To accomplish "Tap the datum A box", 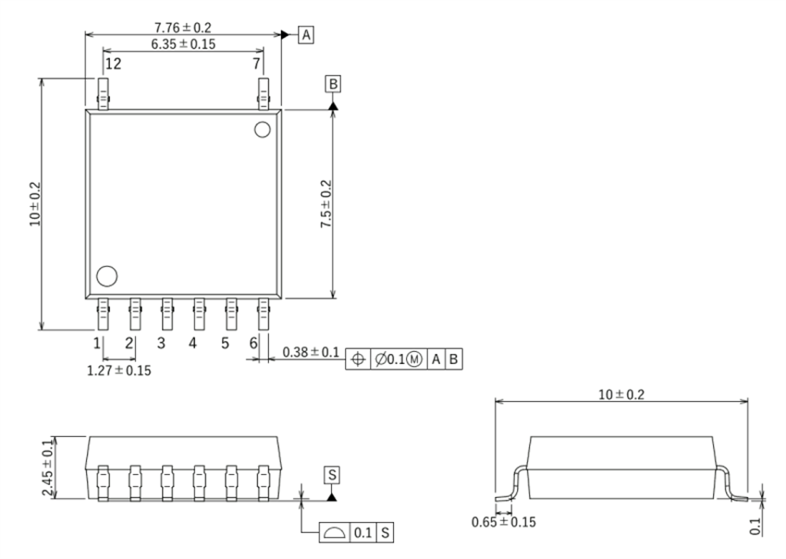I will coord(306,34).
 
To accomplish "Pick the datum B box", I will coord(333,85).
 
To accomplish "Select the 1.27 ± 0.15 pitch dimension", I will coord(119,371).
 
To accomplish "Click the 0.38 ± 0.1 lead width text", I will coord(311,352).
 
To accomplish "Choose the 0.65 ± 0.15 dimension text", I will coord(502,522).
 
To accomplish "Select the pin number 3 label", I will coord(161,343).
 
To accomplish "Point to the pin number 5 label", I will coord(225,343).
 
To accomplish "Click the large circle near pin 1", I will coord(107,275).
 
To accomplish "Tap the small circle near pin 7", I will coord(262,129).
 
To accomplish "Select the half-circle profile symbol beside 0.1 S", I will coord(331,533).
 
